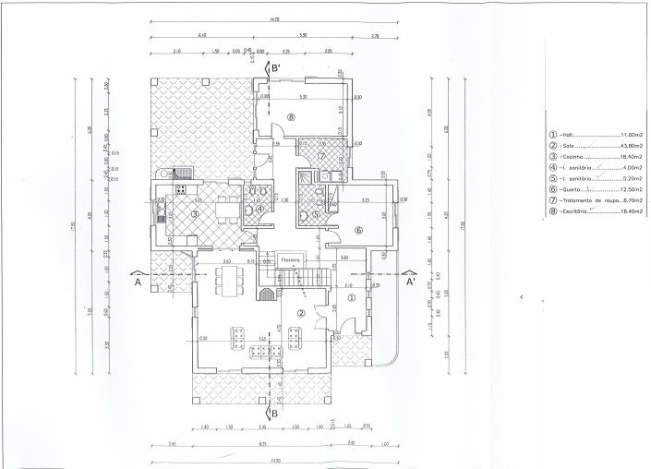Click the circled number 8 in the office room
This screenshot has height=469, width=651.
point(290,117)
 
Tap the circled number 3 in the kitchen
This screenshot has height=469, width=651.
point(195,214)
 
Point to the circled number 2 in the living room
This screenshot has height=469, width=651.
point(301,314)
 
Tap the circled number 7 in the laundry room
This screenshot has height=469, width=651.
point(321,156)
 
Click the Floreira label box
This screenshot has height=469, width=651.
point(293,261)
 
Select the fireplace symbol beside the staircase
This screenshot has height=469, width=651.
point(266,295)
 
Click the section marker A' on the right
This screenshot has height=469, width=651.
point(409,283)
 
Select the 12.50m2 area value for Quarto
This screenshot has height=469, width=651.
point(631,189)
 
